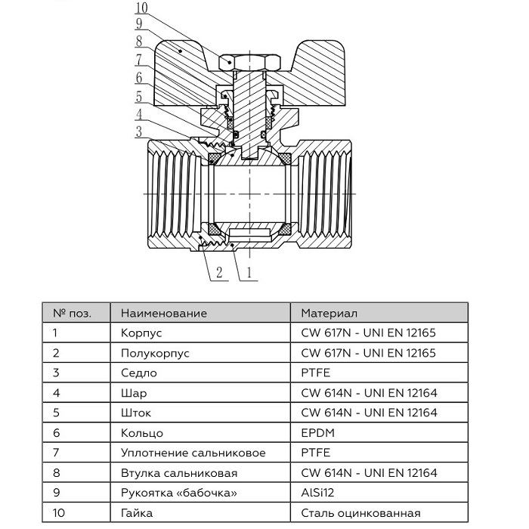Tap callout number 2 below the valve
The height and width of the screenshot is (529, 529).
point(218,273)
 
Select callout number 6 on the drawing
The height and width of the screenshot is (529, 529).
point(138,77)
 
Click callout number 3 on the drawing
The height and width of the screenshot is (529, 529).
point(138,131)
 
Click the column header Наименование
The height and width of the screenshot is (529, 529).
point(163,313)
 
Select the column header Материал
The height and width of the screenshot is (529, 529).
point(329,313)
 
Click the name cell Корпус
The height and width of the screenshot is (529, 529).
point(141,333)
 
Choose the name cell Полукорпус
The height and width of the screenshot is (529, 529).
point(154,353)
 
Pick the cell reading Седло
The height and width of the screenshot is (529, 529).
point(138,373)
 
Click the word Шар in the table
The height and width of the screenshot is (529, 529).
point(134,393)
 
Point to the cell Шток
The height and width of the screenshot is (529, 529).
point(136,413)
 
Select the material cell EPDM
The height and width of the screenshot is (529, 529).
point(317,433)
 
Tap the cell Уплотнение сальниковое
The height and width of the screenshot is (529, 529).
point(193,453)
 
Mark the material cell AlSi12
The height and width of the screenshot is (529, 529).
point(318,493)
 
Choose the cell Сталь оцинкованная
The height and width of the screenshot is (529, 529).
point(359,513)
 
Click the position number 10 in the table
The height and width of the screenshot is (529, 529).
point(58,513)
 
